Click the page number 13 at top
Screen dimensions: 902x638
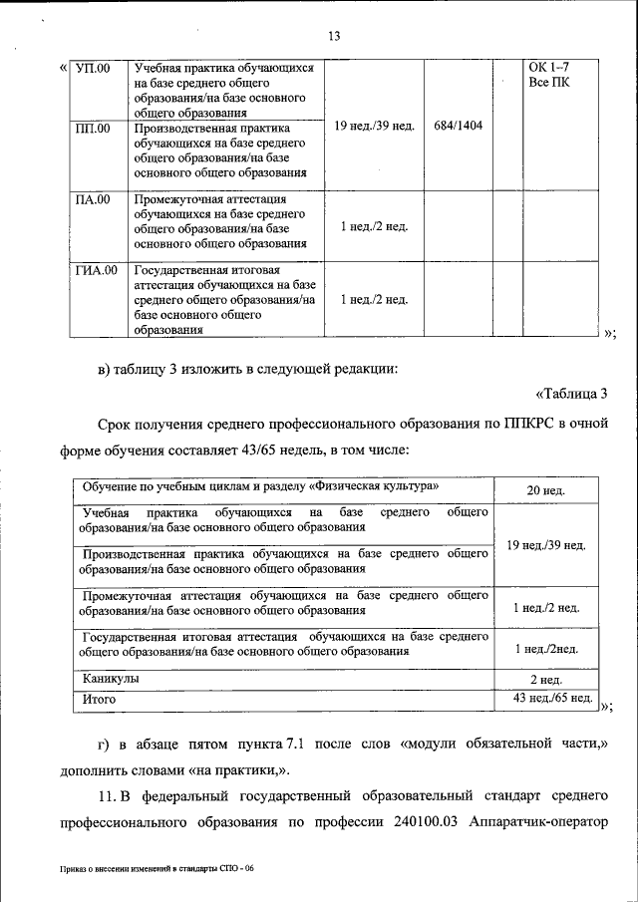334,37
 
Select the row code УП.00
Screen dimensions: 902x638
94,69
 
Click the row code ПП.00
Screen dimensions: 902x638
94,129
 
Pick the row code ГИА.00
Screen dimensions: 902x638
97,270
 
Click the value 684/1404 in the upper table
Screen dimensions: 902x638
459,126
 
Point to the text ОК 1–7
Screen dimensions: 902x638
548,69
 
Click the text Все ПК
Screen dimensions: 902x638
548,83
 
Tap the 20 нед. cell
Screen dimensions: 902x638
546,491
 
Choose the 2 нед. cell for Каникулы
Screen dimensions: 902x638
546,679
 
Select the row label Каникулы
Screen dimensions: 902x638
111,678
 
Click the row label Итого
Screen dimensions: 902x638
100,699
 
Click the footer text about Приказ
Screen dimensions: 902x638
157,868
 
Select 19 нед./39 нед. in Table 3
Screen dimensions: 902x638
546,545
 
